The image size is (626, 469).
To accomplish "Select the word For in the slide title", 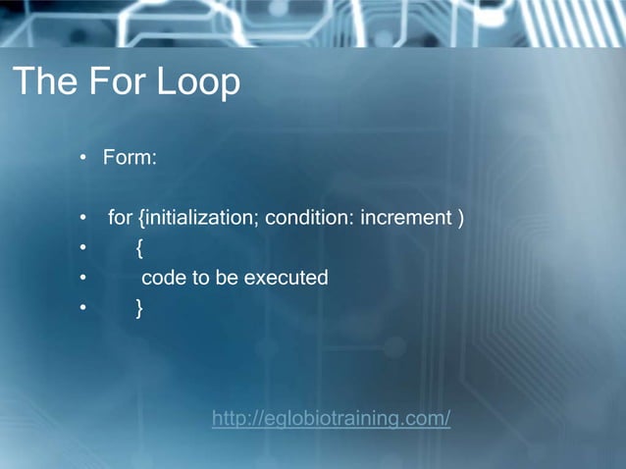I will click(121, 82).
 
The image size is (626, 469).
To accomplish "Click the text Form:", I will click(130, 158).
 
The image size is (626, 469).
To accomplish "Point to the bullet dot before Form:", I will click(84, 159).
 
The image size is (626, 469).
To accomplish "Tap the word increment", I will click(405, 217).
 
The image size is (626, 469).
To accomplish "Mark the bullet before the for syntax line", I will click(84, 218).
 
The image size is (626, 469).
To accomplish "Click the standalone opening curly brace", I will click(139, 248).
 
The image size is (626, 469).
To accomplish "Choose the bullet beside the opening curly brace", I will click(84, 248).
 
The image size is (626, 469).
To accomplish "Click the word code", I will click(163, 278).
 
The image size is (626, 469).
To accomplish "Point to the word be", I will click(227, 278).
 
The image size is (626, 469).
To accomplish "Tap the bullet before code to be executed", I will click(84, 279).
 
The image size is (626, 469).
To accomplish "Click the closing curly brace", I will click(139, 308).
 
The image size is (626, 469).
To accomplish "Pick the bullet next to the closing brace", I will click(84, 309).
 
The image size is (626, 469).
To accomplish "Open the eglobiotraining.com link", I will click(331, 420).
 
